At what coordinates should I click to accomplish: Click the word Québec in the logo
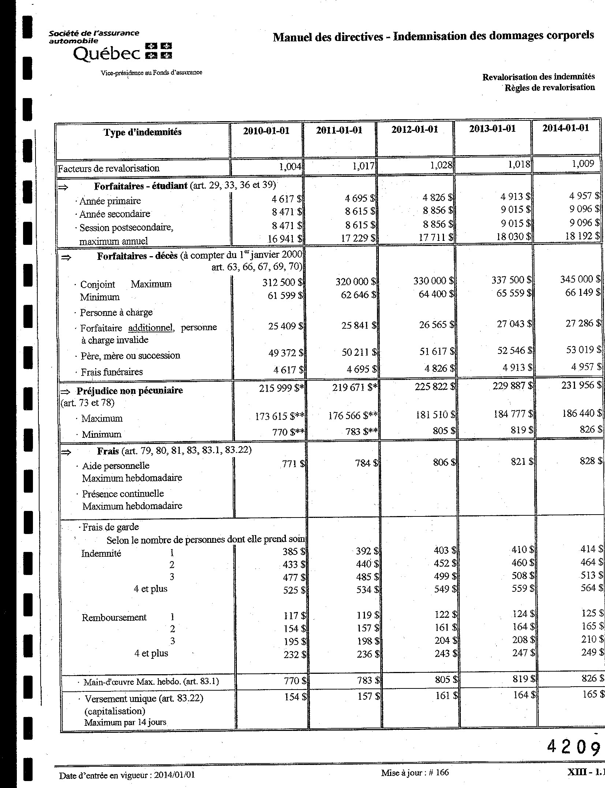click(x=107, y=54)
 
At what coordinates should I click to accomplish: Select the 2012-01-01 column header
click(x=414, y=130)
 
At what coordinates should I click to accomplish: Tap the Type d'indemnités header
click(x=142, y=132)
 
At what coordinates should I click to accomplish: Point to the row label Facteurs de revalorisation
click(x=109, y=168)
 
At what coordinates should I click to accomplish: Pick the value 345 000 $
click(x=580, y=279)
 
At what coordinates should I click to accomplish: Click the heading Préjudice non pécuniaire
click(x=130, y=391)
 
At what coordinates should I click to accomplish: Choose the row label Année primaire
click(x=110, y=201)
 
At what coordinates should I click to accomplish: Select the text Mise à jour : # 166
click(x=415, y=772)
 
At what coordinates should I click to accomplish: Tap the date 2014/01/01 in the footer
click(x=175, y=775)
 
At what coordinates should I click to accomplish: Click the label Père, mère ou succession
click(x=130, y=355)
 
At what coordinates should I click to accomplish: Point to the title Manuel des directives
click(x=328, y=37)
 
